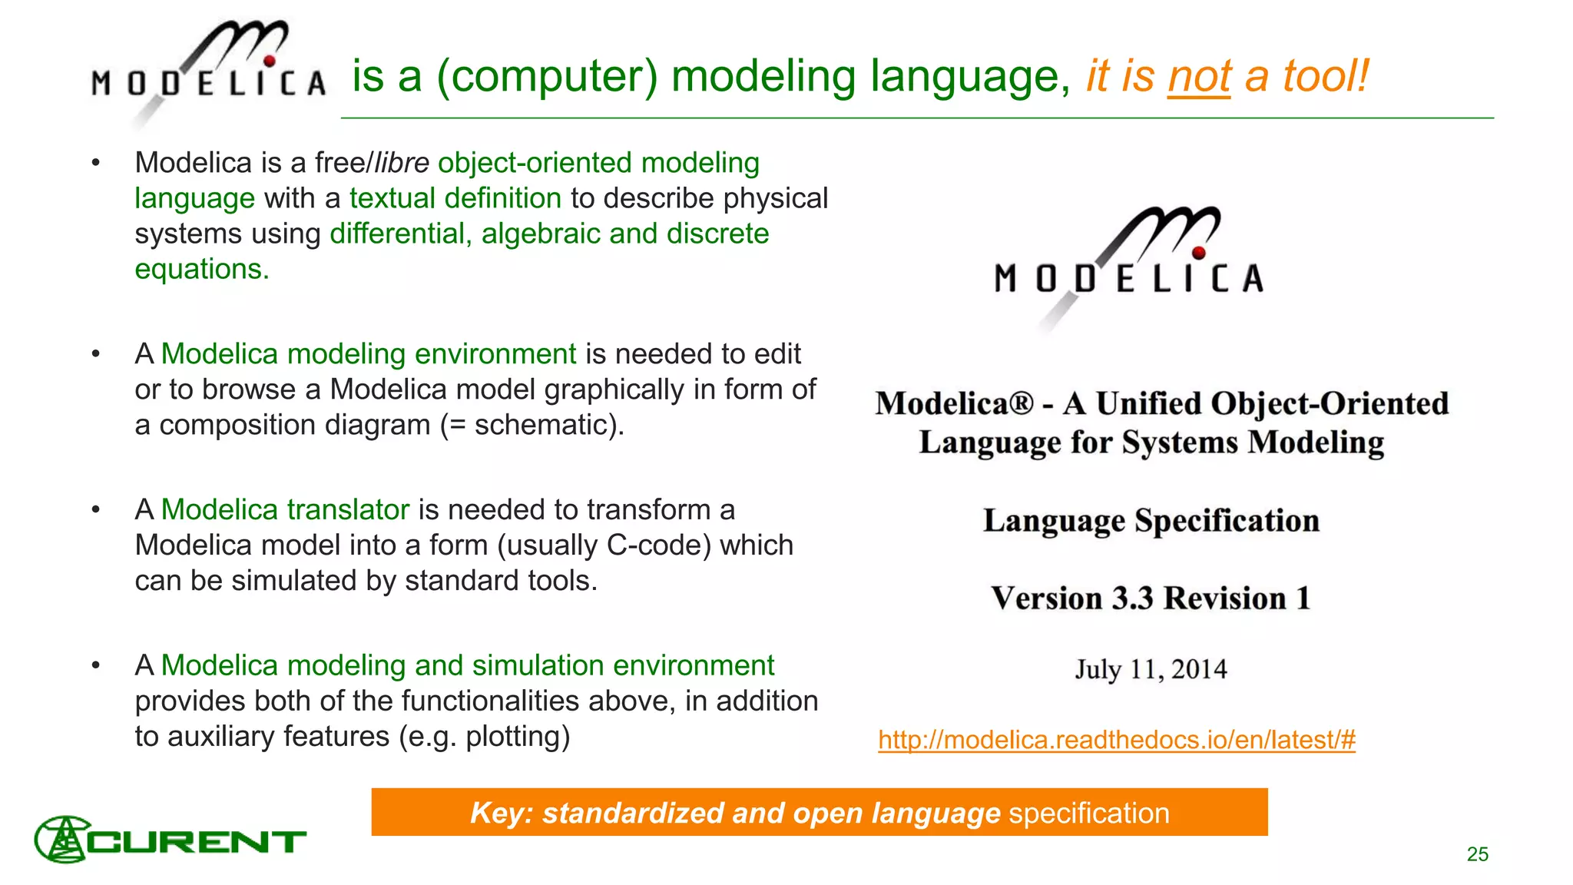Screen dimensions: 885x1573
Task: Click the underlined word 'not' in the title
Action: point(1198,77)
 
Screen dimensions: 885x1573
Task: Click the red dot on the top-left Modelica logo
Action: point(270,61)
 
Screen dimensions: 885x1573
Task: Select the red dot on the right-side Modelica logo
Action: point(1199,252)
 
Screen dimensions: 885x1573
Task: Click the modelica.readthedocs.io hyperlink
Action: point(1117,740)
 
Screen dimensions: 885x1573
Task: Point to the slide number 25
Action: point(1477,854)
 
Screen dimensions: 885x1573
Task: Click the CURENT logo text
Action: point(197,842)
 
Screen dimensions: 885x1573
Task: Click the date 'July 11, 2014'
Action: point(1151,669)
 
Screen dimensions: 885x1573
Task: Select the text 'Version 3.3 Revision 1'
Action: point(1151,598)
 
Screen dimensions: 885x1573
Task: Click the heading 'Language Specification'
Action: point(1151,521)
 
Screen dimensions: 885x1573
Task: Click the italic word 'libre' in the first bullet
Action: point(402,163)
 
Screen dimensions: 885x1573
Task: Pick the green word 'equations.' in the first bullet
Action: point(202,270)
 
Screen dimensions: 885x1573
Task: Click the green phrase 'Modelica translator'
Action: point(285,510)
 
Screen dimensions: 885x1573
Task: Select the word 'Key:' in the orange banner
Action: point(501,813)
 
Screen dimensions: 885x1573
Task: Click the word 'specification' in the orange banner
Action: point(1088,813)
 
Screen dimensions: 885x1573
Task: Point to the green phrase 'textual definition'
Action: point(455,198)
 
